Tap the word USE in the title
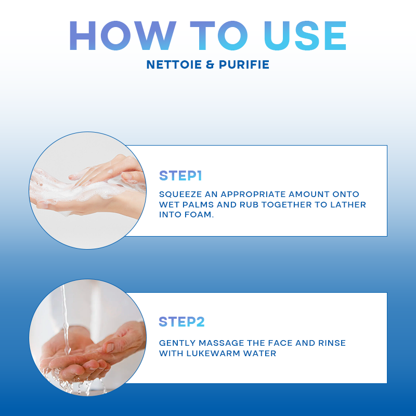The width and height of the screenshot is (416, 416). (x=305, y=35)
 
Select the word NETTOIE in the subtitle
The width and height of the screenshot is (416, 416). (x=174, y=64)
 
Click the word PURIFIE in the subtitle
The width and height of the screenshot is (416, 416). (x=244, y=64)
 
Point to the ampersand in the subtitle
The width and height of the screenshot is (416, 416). (x=210, y=64)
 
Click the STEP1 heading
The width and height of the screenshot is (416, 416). (x=180, y=176)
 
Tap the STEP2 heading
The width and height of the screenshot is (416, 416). (x=181, y=322)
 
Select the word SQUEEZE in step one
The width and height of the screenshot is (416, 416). (x=180, y=194)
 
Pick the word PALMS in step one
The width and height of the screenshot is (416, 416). (x=198, y=204)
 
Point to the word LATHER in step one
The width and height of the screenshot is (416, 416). (x=348, y=204)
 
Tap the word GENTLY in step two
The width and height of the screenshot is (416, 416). (x=176, y=343)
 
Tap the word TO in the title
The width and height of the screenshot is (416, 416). (x=219, y=35)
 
